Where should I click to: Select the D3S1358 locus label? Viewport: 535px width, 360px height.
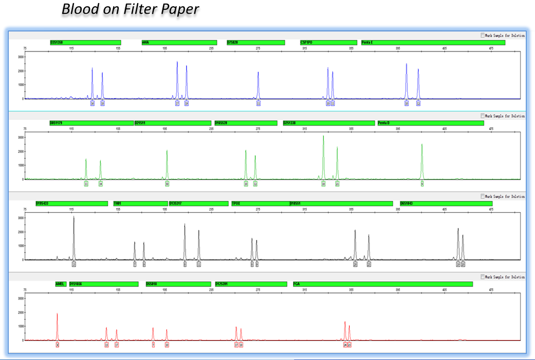[57, 43]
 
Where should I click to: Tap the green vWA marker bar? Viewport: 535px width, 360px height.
[179, 43]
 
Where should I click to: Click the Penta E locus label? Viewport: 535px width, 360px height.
[368, 43]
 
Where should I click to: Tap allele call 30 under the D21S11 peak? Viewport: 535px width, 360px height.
[167, 184]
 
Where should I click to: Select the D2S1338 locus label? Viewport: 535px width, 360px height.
[290, 123]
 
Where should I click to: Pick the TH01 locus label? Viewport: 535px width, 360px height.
[118, 204]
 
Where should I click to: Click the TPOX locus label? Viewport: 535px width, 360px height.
[236, 204]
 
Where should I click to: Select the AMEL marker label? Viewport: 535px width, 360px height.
[60, 284]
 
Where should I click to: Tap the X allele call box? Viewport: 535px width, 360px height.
[58, 345]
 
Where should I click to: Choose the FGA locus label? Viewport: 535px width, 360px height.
[297, 284]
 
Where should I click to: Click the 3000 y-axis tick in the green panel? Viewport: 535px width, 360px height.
[20, 138]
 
